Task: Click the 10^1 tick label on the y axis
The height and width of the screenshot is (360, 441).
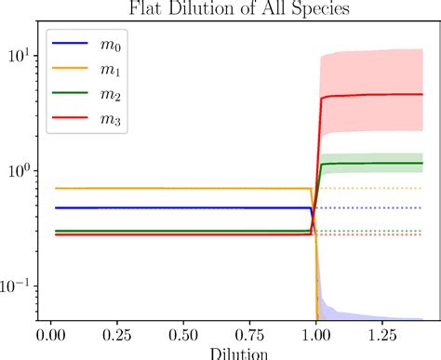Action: (20, 56)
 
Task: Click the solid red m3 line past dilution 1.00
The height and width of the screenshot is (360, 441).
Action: (372, 95)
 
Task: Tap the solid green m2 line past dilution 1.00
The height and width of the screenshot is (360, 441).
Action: (372, 164)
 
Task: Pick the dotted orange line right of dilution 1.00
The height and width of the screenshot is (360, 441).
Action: (372, 188)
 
